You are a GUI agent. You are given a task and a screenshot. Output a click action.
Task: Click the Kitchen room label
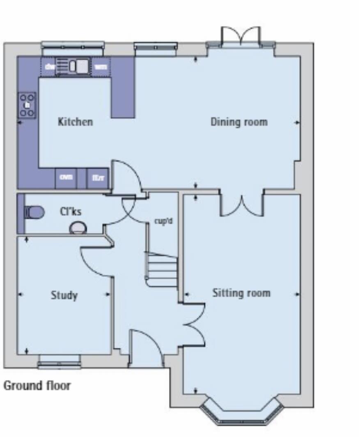coord(75,122)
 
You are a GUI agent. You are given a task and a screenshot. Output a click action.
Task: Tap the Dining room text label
coord(238,122)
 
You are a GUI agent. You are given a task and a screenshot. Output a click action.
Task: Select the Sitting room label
coord(241,293)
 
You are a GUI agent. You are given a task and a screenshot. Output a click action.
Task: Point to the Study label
coord(64,295)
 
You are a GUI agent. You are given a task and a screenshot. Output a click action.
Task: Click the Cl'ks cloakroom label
coord(71,212)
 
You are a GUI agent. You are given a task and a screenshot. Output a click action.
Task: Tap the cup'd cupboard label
coord(163,221)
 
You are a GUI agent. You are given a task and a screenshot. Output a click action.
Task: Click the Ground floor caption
coord(37,386)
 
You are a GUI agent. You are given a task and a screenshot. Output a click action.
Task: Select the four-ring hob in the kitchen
coord(27,105)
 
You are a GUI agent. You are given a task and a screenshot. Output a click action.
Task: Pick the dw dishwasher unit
coord(49,67)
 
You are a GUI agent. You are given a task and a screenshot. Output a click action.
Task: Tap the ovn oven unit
coord(66,178)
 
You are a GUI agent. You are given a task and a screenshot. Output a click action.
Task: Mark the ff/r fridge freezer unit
coord(98,178)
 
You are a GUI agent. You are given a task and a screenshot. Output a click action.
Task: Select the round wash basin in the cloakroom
coord(78,228)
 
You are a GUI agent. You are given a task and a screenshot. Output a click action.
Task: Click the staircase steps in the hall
coord(162,269)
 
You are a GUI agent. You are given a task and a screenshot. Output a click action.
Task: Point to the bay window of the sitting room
coord(242,415)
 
